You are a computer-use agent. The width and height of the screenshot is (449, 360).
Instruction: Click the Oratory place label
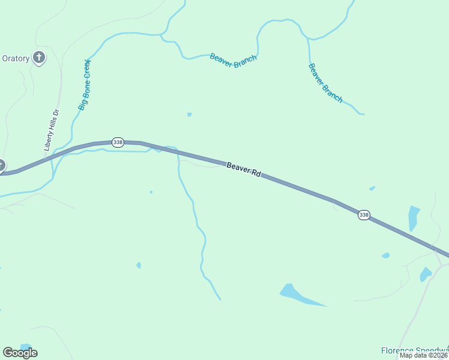click(16, 58)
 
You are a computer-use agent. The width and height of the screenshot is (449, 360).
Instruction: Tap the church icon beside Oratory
click(39, 58)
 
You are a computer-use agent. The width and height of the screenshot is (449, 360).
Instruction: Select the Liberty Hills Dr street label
click(52, 130)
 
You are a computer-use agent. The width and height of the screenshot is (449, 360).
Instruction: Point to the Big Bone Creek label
click(84, 85)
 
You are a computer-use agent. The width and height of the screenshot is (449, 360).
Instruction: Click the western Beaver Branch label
click(233, 61)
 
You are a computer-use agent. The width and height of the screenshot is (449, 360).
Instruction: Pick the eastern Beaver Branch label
click(325, 83)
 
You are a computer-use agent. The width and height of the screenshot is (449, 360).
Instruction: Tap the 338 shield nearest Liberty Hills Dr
click(118, 142)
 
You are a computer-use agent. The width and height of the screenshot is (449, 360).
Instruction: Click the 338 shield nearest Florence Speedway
click(363, 215)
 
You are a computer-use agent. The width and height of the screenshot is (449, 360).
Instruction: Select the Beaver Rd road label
click(244, 169)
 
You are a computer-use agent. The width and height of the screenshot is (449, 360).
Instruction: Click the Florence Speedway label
click(415, 350)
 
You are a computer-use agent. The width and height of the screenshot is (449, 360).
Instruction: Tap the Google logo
click(20, 352)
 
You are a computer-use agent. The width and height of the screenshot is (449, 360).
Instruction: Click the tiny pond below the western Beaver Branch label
click(189, 114)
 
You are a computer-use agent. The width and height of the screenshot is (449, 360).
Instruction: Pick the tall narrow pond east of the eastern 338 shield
click(414, 218)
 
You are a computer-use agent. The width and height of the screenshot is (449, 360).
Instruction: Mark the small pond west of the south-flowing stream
click(139, 265)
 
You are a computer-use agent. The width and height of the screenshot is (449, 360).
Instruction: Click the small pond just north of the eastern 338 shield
click(372, 188)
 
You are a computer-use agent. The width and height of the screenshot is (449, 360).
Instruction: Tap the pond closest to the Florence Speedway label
click(426, 274)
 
